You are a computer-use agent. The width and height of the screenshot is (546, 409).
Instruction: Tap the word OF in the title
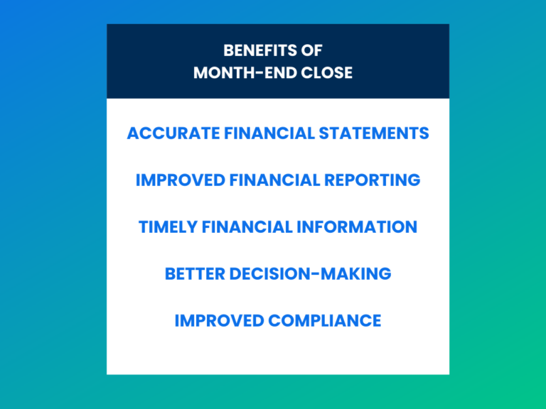coord(313,51)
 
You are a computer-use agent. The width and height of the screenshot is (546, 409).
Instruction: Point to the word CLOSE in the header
coord(328,73)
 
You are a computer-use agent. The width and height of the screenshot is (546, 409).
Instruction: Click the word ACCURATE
coord(165,133)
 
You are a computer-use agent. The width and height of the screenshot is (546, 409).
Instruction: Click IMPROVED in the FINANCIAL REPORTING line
coord(180,180)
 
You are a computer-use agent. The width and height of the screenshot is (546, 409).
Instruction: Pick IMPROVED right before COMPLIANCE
coord(219,321)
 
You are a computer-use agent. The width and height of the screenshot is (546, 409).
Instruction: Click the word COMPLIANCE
coord(325,321)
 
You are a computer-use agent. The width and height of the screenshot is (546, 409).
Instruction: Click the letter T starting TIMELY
coord(143,227)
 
